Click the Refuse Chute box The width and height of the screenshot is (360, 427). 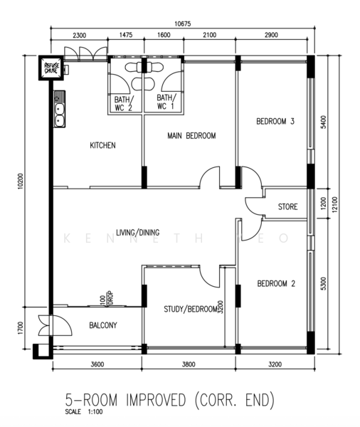point(51,68)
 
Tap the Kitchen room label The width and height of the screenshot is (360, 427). point(102,145)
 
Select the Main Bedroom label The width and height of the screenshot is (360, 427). point(191,136)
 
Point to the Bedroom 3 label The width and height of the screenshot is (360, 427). point(275,121)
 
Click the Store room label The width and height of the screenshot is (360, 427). point(288,206)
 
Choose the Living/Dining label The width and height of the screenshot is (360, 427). point(138,233)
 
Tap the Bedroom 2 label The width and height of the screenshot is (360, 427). point(276,284)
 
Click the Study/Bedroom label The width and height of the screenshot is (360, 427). point(191,309)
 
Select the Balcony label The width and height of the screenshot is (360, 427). point(103,325)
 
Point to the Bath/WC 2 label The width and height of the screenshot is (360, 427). point(124,103)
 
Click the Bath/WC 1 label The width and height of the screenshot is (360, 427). point(166,102)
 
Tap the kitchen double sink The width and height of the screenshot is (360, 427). point(59,109)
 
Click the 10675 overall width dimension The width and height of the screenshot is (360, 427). point(182,24)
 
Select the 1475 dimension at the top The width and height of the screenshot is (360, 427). point(126,35)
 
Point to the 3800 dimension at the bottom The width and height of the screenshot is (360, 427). point(189,364)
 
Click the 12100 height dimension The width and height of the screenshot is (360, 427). point(334,204)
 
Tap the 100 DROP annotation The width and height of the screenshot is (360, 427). point(107,298)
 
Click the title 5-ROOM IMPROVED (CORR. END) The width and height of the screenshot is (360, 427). point(169,400)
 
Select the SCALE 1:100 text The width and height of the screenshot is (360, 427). point(84,411)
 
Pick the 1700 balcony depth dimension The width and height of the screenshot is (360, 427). point(21,328)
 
